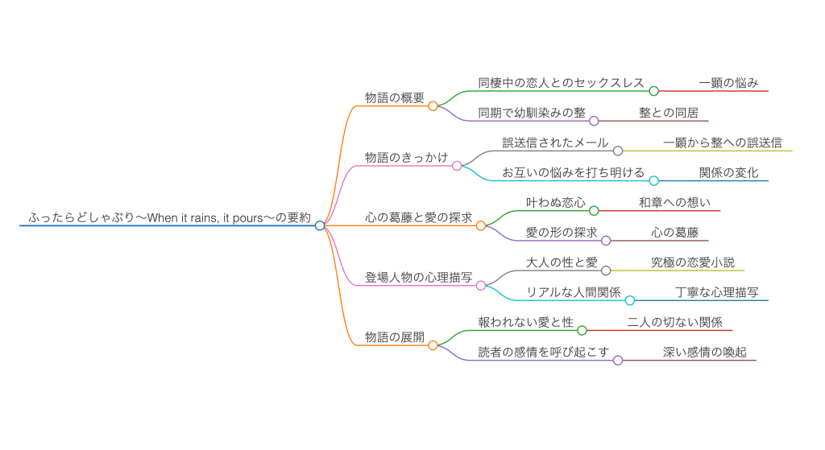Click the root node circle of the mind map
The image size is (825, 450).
point(320,225)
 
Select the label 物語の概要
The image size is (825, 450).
point(394,97)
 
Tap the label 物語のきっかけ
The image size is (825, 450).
point(406,158)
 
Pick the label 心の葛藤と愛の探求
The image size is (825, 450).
point(419,217)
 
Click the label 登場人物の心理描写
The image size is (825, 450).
point(418,277)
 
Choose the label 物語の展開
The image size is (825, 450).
point(394,337)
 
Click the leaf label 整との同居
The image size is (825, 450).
point(668,113)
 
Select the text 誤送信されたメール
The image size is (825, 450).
point(555,142)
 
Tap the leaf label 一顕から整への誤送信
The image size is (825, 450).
point(722,142)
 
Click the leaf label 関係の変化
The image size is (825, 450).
point(728,172)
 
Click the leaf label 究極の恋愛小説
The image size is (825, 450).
point(692,262)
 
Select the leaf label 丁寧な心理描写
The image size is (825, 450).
point(716,292)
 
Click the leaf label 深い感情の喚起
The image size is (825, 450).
point(698,352)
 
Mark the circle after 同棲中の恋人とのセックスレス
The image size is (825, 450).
point(654,91)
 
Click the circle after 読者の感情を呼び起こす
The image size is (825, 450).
point(618,360)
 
